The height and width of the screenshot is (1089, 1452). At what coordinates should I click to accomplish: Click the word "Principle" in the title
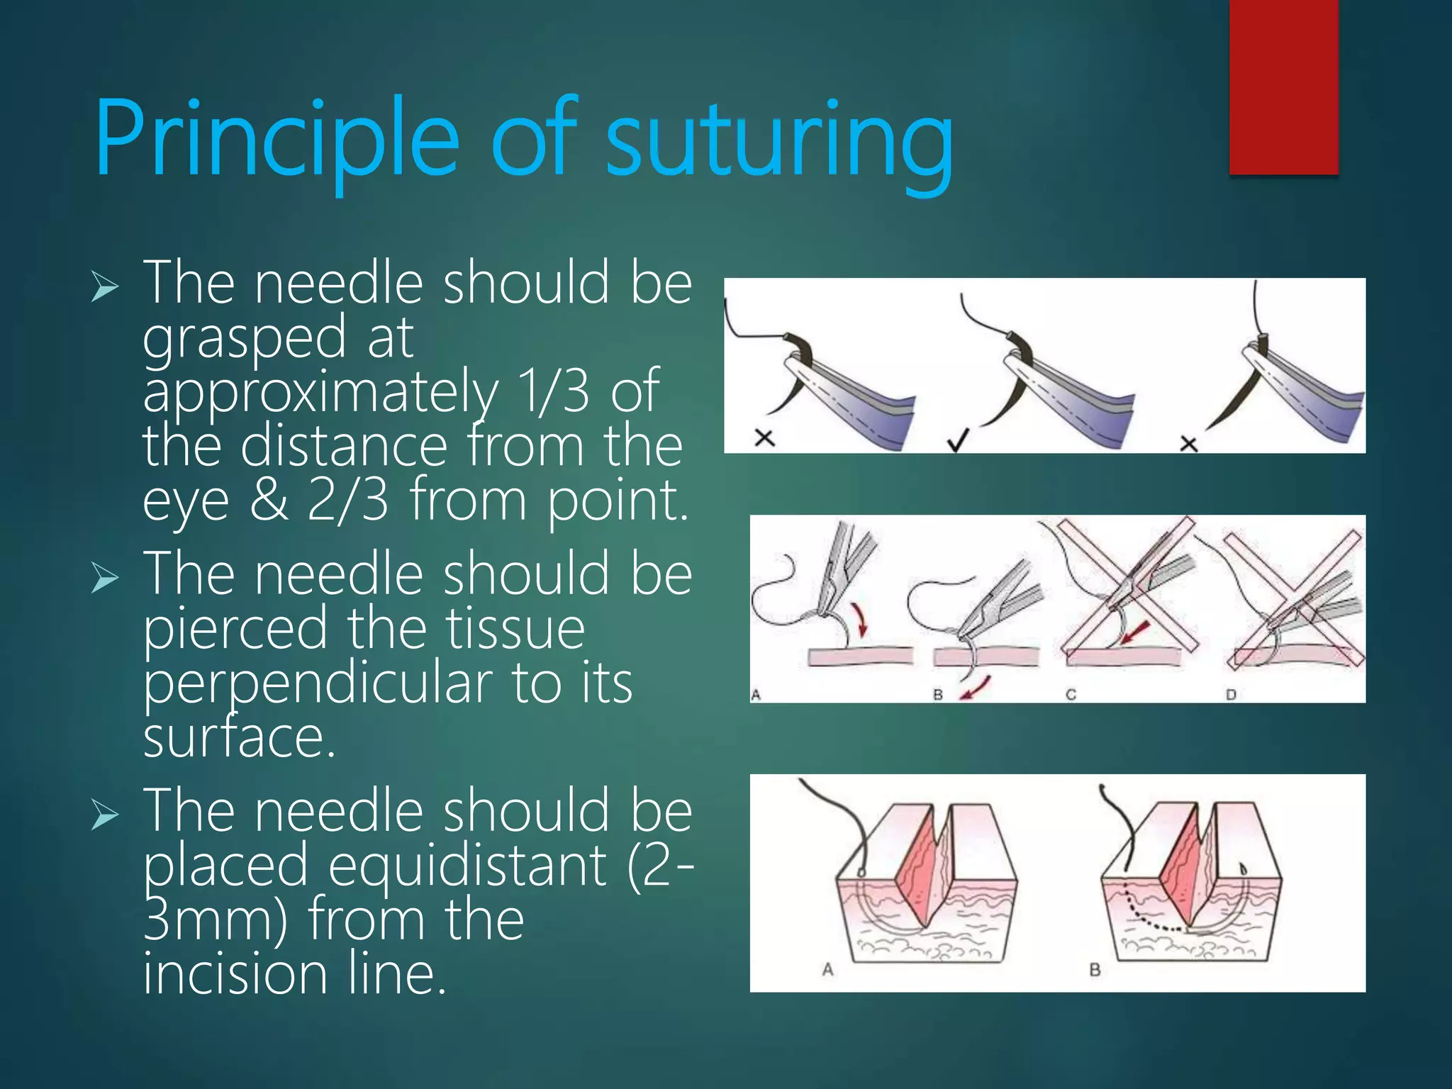point(277,138)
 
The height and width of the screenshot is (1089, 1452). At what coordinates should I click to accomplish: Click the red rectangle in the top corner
point(1283,86)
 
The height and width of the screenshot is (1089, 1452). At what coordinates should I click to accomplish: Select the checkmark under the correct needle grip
point(957,442)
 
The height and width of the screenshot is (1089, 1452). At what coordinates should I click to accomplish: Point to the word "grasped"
point(244,339)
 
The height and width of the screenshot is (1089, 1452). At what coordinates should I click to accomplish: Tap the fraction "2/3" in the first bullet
point(347,501)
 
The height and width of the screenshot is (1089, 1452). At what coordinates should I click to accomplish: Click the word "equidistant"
point(468,866)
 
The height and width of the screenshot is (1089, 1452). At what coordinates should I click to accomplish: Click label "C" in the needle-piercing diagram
point(1071,694)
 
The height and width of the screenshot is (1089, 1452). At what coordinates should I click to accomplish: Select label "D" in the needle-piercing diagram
point(1231,694)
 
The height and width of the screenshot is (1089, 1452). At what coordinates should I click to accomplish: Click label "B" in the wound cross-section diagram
point(1095,969)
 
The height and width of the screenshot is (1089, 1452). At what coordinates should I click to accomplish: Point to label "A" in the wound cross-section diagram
point(827,969)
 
